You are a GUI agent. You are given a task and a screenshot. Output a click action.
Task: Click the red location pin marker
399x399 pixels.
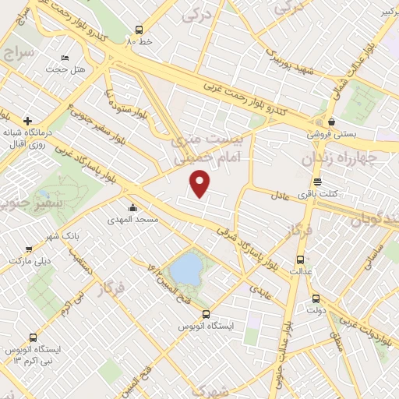201,184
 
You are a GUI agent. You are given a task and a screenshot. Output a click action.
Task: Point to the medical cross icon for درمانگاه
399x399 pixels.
28,121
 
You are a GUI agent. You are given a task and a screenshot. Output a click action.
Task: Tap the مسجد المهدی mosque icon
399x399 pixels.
133,208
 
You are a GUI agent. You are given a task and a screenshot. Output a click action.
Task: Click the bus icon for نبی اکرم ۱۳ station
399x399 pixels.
33,337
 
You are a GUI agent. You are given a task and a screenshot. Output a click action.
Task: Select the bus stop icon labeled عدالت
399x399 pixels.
298,260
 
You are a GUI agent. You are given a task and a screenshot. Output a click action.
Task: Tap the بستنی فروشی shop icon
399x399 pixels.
333,122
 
